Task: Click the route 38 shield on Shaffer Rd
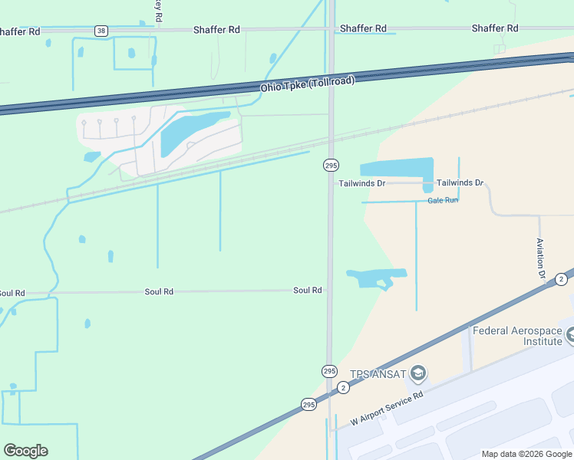(x=101, y=31)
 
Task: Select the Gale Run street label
(x=443, y=200)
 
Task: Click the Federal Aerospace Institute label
(x=517, y=336)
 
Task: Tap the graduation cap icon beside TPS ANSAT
(x=418, y=373)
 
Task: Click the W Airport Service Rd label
(x=387, y=409)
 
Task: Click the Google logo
(x=25, y=451)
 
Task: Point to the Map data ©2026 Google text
(x=526, y=454)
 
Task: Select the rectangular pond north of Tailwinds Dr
(x=396, y=167)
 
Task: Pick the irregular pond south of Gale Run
(x=374, y=278)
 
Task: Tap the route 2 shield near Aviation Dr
(x=562, y=279)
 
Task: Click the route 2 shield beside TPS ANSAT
(x=343, y=388)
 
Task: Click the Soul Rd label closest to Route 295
(x=307, y=291)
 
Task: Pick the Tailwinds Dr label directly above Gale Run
(x=460, y=183)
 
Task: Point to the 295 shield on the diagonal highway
(x=308, y=404)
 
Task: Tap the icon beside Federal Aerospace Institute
(x=569, y=335)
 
